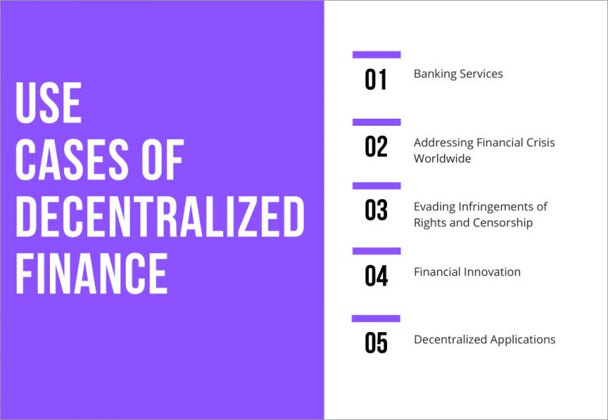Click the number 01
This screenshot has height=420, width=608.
pos(375,79)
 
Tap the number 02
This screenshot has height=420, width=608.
pos(376,146)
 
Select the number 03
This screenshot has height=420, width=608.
pos(376,210)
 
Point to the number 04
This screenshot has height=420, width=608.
pos(376,276)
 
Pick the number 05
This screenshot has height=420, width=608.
pos(376,343)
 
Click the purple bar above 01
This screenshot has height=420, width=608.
pos(377,55)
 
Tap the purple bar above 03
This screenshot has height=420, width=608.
pos(377,186)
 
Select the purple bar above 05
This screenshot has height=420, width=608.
pos(376,319)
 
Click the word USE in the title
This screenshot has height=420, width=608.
pos(48,103)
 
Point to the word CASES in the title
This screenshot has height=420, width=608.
pos(72,160)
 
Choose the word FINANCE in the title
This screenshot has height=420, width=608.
pos(92,273)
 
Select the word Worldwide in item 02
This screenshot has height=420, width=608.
pos(443,158)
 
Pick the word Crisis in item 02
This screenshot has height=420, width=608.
pos(541,142)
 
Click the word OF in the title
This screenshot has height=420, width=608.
pos(162,160)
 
